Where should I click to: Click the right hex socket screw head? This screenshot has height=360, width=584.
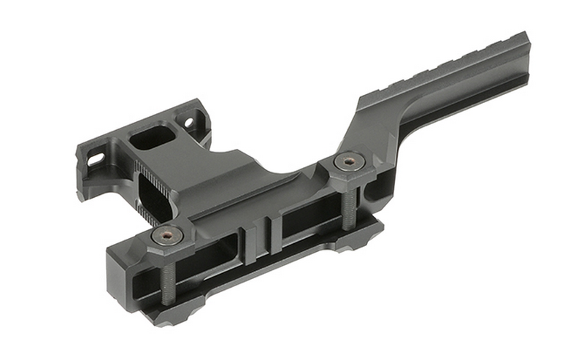point(349,161)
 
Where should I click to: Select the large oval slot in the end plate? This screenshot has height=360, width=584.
point(154,137)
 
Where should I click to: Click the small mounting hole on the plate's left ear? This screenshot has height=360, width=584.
point(94,158)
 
